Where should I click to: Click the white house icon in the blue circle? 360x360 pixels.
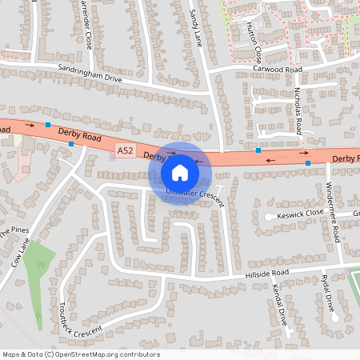click(x=179, y=172)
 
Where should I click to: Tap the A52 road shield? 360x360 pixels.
click(x=125, y=150)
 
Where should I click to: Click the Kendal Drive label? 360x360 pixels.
click(x=279, y=305)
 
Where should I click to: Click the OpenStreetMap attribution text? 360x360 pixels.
click(x=81, y=354)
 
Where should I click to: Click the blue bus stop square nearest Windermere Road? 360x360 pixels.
click(x=308, y=163)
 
